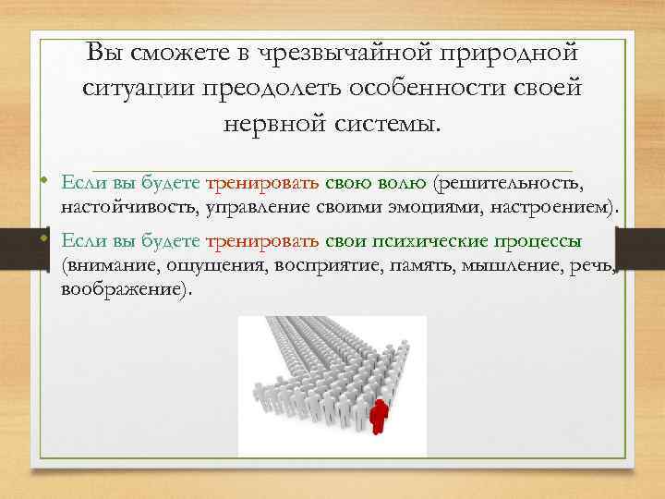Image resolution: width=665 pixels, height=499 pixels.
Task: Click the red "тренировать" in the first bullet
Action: coord(262,183)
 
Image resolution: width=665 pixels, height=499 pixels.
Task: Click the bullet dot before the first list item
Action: coord(44,181)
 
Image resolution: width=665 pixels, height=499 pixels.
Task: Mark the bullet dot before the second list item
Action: coord(44,238)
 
